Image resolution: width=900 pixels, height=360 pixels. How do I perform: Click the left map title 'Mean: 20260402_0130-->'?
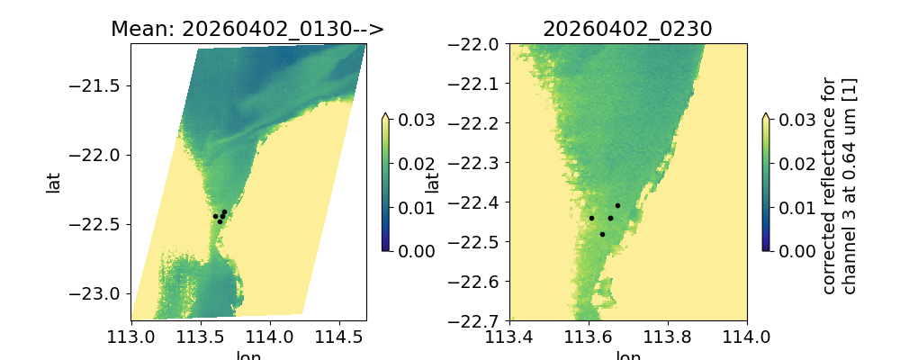coord(247,29)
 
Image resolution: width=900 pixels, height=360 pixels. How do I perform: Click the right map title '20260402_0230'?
coord(627,29)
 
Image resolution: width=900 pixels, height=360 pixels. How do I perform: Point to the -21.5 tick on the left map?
coord(101,85)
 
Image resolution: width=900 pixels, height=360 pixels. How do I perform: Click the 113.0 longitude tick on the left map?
coord(132,337)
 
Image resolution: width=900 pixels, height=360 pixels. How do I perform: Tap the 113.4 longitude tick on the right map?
coord(509,337)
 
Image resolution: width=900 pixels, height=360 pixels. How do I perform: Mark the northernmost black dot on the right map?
coord(617,205)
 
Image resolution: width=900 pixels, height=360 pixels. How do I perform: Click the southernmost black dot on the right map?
coord(602,234)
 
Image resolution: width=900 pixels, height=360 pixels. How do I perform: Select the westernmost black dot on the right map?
coord(591,218)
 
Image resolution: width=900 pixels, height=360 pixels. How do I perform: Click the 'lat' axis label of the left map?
coord(54,183)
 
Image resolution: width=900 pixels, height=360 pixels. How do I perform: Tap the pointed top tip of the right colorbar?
coord(765,114)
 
